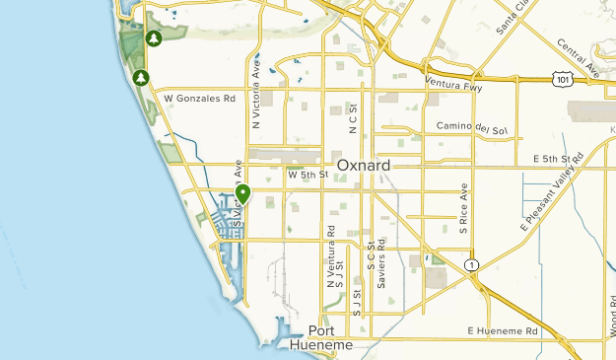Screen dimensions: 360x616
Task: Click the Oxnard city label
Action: tap(364, 165)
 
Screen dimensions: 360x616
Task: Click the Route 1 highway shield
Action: tap(474, 265)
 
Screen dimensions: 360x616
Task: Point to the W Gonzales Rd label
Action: tap(200, 99)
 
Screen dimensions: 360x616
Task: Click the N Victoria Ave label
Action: tap(255, 97)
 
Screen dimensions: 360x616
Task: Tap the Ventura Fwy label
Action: tap(457, 83)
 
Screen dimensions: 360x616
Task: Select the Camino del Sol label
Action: tap(471, 130)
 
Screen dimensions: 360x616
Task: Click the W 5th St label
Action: tap(307, 175)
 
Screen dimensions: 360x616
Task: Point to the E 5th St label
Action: tap(551, 159)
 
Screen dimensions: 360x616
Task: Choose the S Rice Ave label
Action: tap(461, 208)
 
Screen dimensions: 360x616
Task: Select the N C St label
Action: tap(352, 119)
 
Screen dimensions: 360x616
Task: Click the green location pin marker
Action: tap(243, 194)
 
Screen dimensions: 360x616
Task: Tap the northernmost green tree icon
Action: tap(154, 38)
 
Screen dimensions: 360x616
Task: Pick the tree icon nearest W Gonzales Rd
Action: tap(141, 77)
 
